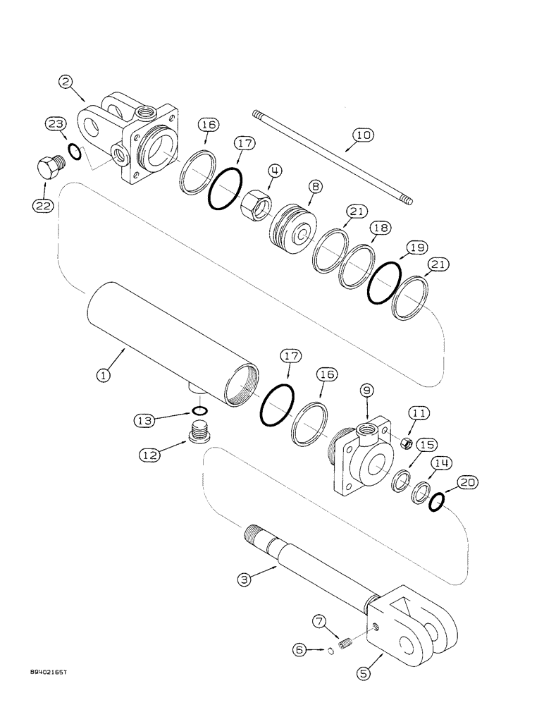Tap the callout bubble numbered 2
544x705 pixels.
[x=68, y=83]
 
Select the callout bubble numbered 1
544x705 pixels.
[x=104, y=376]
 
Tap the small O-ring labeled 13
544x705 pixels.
[x=199, y=412]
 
